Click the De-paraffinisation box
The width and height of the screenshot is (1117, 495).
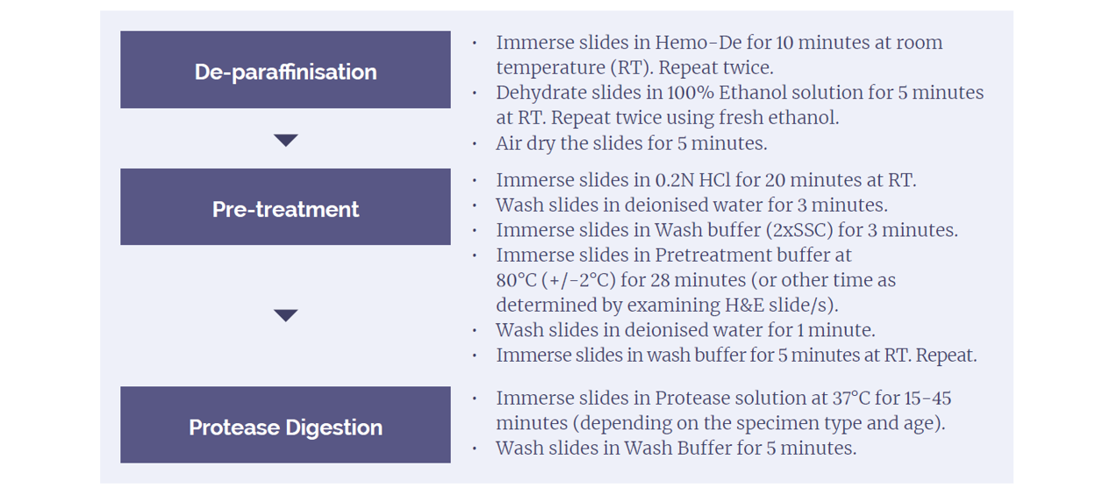click(x=285, y=69)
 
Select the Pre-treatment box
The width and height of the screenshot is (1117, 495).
click(x=285, y=206)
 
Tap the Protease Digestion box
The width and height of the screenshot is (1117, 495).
click(x=285, y=425)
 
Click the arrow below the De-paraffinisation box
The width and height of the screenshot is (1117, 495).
click(x=286, y=140)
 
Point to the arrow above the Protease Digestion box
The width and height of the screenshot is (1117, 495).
click(x=286, y=315)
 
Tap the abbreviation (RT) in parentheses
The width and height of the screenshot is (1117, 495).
click(x=632, y=68)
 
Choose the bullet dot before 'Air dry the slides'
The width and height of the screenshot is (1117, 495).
click(x=474, y=144)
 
